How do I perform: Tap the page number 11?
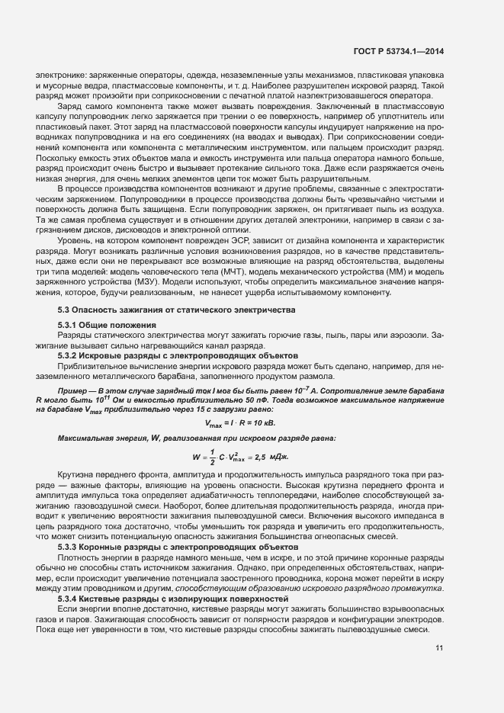click(440, 648)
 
